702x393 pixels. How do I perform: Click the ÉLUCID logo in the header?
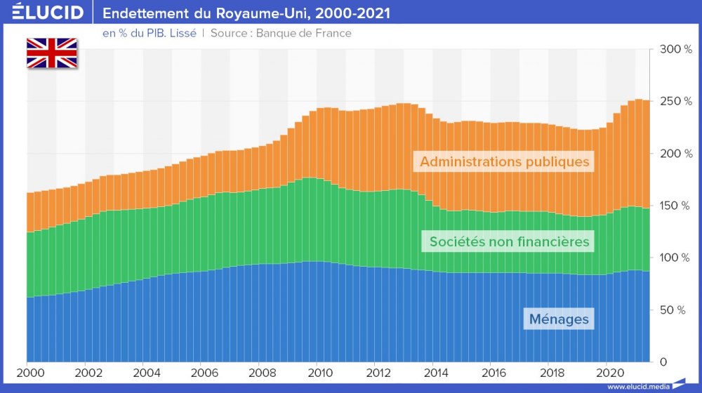[48, 13]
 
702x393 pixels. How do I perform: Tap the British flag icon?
[52, 53]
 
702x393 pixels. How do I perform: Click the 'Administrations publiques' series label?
[504, 161]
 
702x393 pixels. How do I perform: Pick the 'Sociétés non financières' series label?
[510, 242]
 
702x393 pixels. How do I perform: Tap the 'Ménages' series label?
[559, 319]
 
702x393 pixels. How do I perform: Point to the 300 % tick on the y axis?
[677, 49]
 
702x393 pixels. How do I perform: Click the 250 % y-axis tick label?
[677, 101]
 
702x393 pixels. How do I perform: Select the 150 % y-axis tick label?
[677, 206]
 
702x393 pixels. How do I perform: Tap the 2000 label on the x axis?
[28, 372]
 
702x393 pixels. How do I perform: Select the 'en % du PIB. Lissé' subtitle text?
[150, 33]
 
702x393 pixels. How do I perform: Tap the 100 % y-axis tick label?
[677, 258]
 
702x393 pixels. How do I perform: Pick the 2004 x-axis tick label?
[144, 372]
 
